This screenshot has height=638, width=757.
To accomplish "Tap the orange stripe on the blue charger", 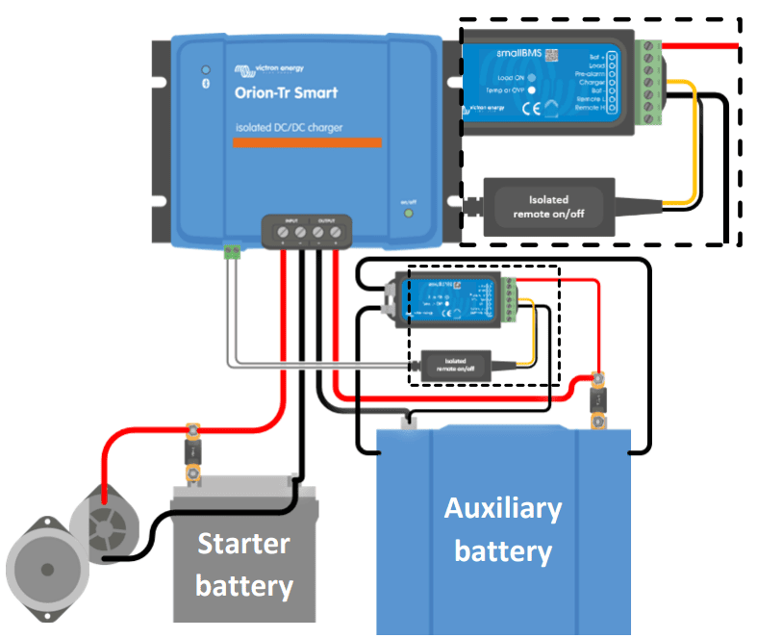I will coord(307,143).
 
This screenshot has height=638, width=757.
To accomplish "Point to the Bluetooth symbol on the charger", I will coord(204,86).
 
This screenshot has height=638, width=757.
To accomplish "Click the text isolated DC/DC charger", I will coord(289,128).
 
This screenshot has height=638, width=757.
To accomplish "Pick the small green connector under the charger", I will coord(232,252).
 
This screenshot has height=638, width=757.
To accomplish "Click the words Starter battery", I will coord(243,564).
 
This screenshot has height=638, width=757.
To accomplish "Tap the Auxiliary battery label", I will coord(502,529).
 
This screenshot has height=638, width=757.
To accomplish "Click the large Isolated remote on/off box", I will coord(548,206).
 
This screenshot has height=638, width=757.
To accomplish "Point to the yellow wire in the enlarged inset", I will coord(691,144).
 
